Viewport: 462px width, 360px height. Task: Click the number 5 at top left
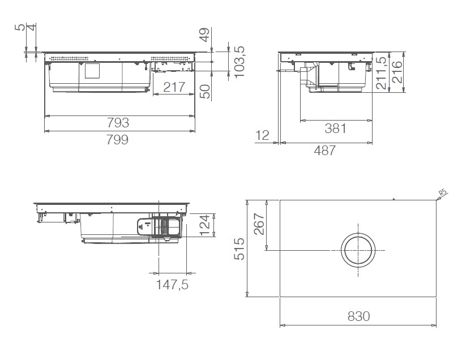pyautogui.click(x=21, y=27)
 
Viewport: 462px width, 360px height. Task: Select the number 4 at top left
pyautogui.click(x=32, y=27)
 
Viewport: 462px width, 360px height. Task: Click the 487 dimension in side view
pyautogui.click(x=324, y=150)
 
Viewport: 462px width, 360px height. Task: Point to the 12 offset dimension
pyautogui.click(x=262, y=135)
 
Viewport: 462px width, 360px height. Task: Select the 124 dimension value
pyautogui.click(x=206, y=225)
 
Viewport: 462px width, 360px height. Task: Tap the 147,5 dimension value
pyautogui.click(x=172, y=285)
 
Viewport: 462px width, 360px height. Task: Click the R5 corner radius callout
pyautogui.click(x=443, y=192)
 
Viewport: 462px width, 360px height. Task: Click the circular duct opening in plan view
pyautogui.click(x=357, y=250)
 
